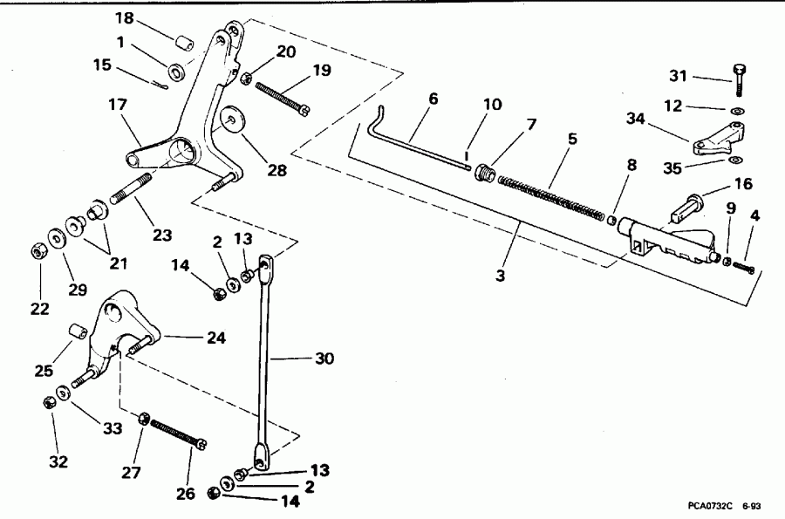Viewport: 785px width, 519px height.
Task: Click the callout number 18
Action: coord(125,18)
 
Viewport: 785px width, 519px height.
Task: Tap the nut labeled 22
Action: coord(38,252)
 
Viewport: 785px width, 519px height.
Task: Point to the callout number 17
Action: coord(118,104)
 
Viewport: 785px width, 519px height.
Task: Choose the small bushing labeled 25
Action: coord(76,332)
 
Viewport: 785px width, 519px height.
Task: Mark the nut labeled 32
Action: coord(51,402)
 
